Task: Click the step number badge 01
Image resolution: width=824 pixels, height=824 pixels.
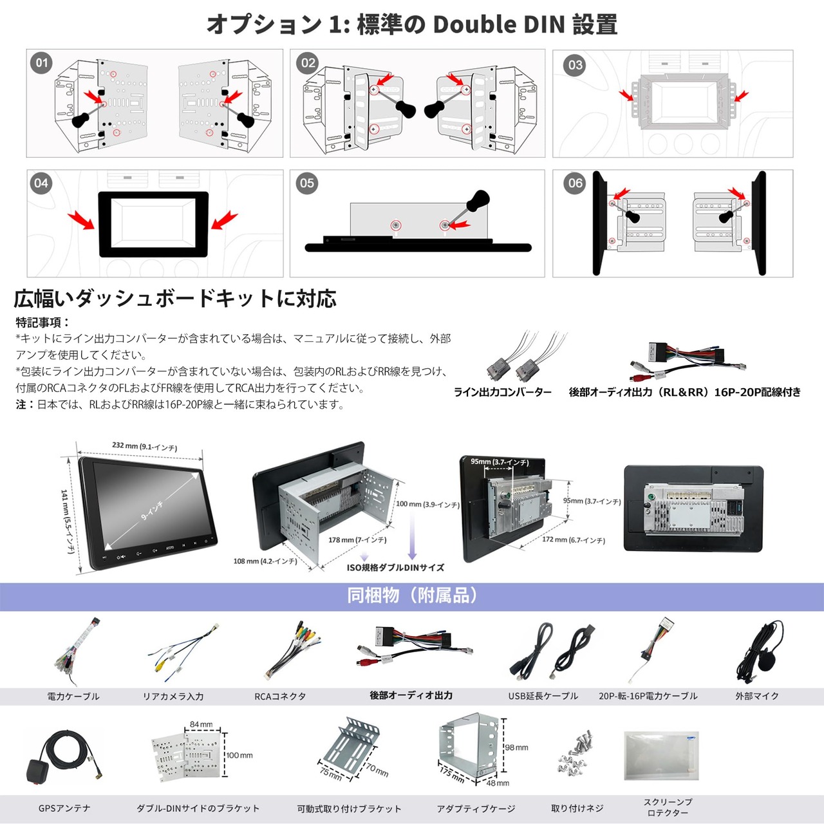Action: click(42, 63)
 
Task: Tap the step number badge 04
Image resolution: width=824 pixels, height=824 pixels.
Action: click(41, 183)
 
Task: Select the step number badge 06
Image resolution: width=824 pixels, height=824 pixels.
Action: click(575, 183)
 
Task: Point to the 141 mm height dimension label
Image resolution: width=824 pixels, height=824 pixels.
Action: click(68, 521)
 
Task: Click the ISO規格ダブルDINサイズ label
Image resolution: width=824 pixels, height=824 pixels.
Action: click(395, 568)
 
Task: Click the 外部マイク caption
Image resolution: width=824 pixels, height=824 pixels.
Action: click(757, 696)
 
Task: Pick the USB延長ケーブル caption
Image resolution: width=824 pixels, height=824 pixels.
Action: click(543, 696)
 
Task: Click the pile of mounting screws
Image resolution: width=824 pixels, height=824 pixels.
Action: click(576, 753)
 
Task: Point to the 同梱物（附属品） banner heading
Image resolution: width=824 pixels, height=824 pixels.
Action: click(412, 595)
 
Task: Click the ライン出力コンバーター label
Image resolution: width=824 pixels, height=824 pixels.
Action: click(503, 392)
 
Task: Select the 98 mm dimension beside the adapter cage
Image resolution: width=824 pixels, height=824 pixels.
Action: click(516, 747)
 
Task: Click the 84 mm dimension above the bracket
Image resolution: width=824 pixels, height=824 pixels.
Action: click(201, 725)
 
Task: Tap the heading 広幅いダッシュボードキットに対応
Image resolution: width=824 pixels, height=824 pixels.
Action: click(175, 299)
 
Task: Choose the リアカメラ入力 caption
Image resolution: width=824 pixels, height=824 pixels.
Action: click(173, 697)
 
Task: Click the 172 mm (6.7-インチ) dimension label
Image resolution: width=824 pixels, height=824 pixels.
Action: click(573, 540)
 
